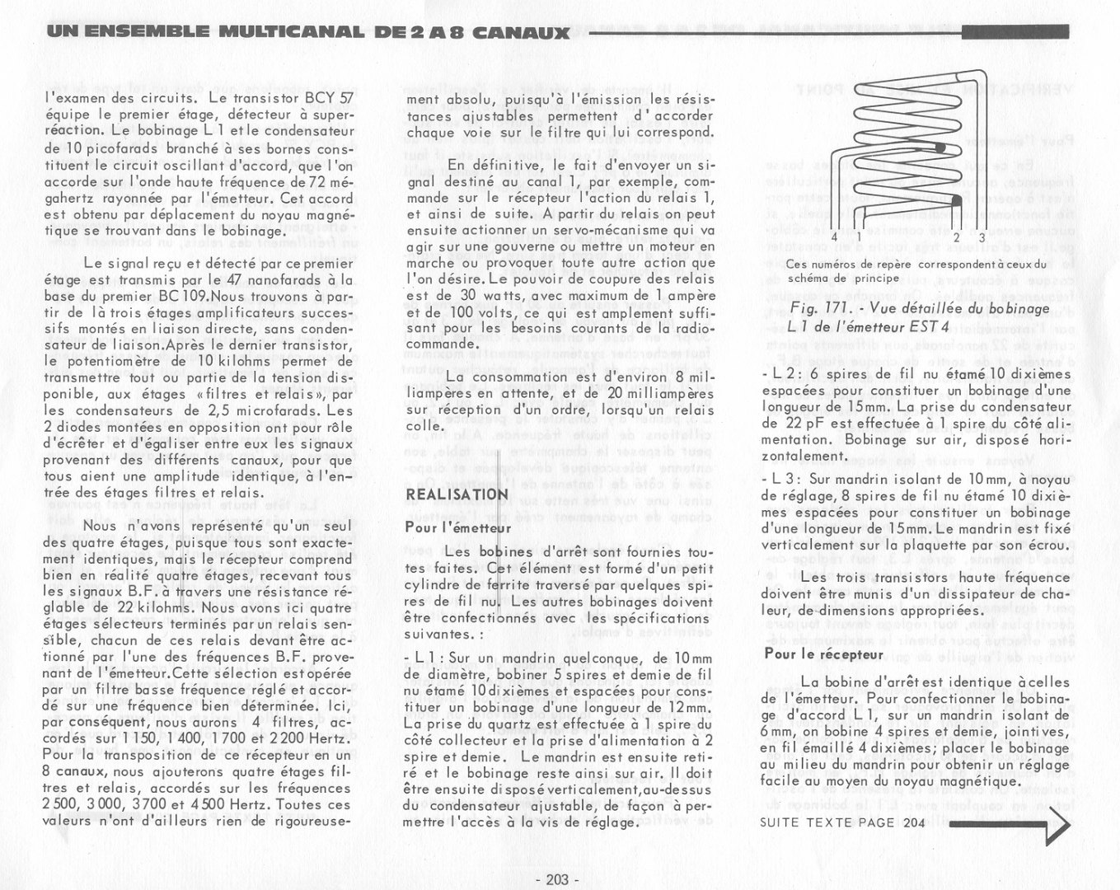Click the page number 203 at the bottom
(x=558, y=879)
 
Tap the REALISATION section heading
(x=457, y=494)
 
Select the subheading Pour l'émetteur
(x=458, y=527)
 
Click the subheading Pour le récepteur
(x=823, y=654)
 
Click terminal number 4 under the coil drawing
(x=834, y=237)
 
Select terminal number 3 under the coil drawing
(x=982, y=237)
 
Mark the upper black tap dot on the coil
(x=940, y=148)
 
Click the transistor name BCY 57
(x=329, y=97)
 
